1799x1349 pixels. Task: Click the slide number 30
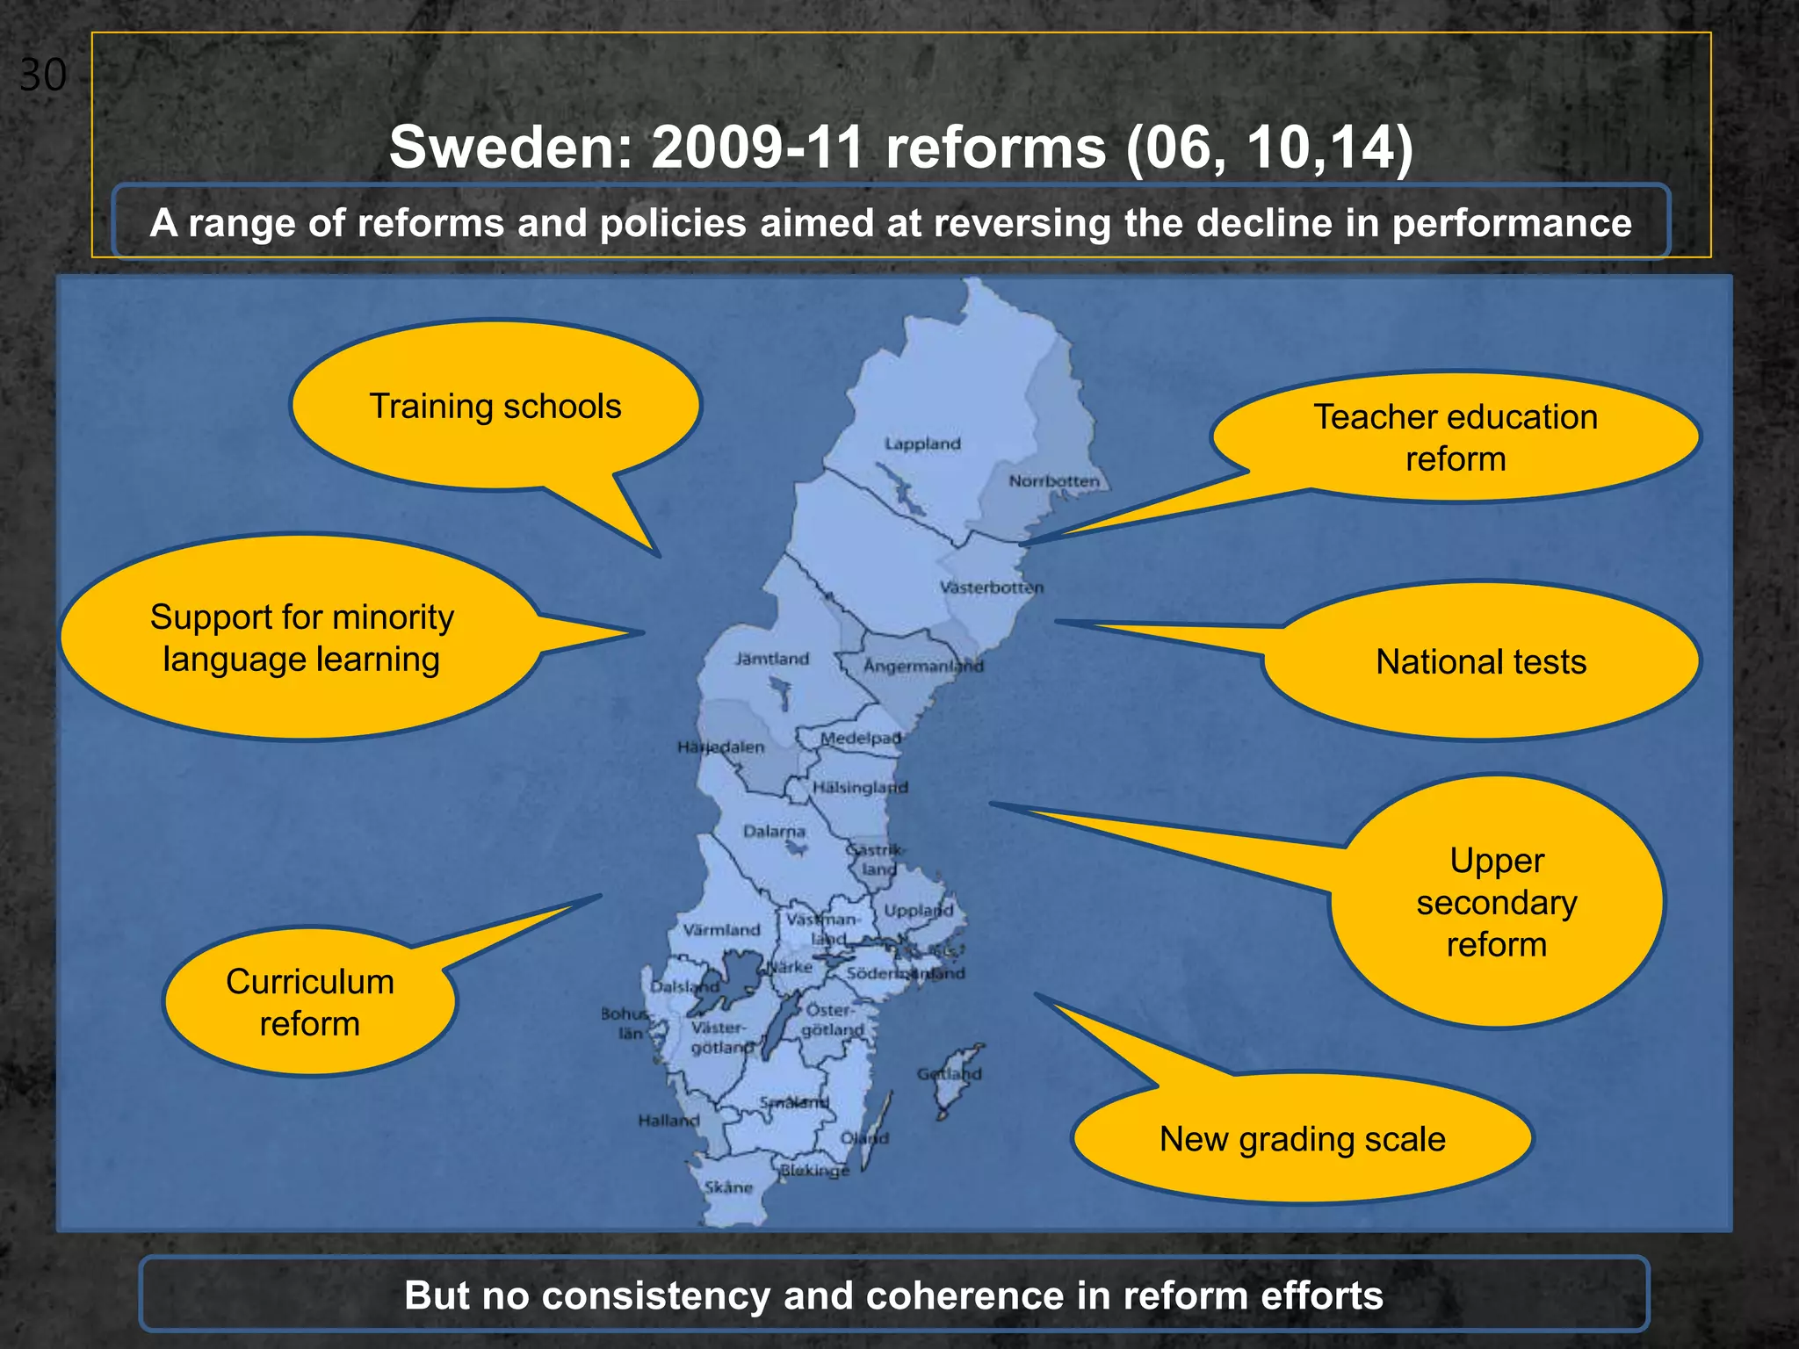click(42, 76)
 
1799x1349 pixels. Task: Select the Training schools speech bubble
click(495, 407)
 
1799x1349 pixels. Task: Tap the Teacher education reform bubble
click(1456, 437)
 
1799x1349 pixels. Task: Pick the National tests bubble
click(1481, 661)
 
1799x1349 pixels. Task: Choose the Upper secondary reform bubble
click(1497, 902)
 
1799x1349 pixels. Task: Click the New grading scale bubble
click(1302, 1139)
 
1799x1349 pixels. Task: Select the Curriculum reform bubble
click(310, 1002)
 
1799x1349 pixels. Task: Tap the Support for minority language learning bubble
click(301, 638)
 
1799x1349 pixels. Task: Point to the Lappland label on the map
click(922, 444)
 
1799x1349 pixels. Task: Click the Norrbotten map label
click(1053, 481)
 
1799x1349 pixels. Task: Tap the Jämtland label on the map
click(771, 659)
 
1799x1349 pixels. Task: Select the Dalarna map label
click(774, 831)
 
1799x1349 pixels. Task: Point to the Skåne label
click(728, 1187)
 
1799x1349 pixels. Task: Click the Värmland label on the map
click(721, 929)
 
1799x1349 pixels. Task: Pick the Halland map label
click(668, 1121)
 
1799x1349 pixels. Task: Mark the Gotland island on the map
click(952, 1075)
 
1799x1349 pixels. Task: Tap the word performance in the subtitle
click(1512, 223)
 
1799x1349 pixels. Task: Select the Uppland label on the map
click(918, 911)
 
